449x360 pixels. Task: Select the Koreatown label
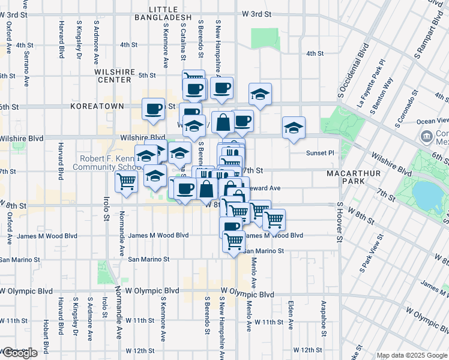[97, 106]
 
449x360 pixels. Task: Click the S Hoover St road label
[339, 223]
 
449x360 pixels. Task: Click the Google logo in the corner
[19, 353]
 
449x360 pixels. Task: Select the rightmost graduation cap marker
[294, 127]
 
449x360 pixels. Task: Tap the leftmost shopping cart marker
[127, 180]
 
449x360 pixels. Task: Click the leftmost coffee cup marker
[153, 109]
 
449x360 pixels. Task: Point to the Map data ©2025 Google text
[412, 355]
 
